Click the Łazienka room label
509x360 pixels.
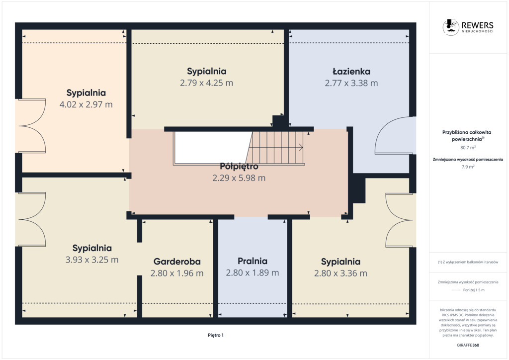point(351,72)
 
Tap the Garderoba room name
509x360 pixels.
point(177,262)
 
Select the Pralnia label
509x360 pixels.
point(253,261)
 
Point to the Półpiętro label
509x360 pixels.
point(239,167)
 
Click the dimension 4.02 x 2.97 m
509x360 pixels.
point(86,104)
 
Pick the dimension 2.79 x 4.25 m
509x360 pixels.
point(206,83)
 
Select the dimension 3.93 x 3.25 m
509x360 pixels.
point(92,260)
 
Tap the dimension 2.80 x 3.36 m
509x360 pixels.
point(340,273)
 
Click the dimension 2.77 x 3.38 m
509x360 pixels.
point(351,83)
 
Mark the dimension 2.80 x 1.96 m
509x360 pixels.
point(177,273)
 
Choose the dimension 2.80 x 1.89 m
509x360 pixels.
point(253,272)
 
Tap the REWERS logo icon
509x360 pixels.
point(450,27)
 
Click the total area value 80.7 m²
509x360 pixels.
point(468,147)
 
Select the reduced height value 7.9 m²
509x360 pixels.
point(468,167)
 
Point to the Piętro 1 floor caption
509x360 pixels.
point(216,335)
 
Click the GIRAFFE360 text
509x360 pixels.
point(468,345)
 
